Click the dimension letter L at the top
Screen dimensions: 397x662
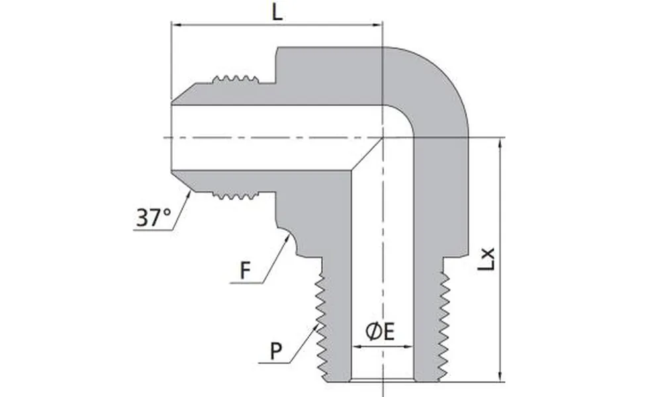click(x=278, y=13)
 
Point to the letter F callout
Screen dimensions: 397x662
click(x=246, y=271)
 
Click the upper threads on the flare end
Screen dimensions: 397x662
click(x=234, y=79)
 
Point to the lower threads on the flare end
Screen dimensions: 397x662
click(x=234, y=196)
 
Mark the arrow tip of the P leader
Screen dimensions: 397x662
click(x=318, y=324)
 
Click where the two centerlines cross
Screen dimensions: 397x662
click(x=383, y=138)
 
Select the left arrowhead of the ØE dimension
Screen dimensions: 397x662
click(x=355, y=346)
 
